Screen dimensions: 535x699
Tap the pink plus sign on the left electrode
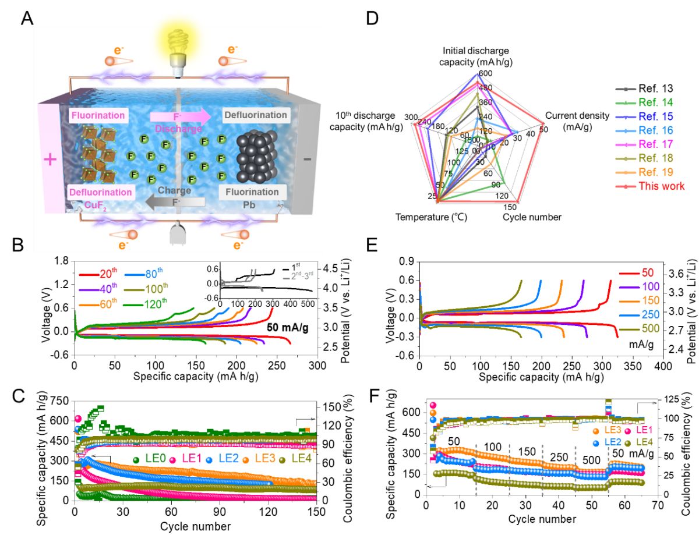(51, 160)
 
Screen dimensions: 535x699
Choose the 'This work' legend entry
(662, 186)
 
